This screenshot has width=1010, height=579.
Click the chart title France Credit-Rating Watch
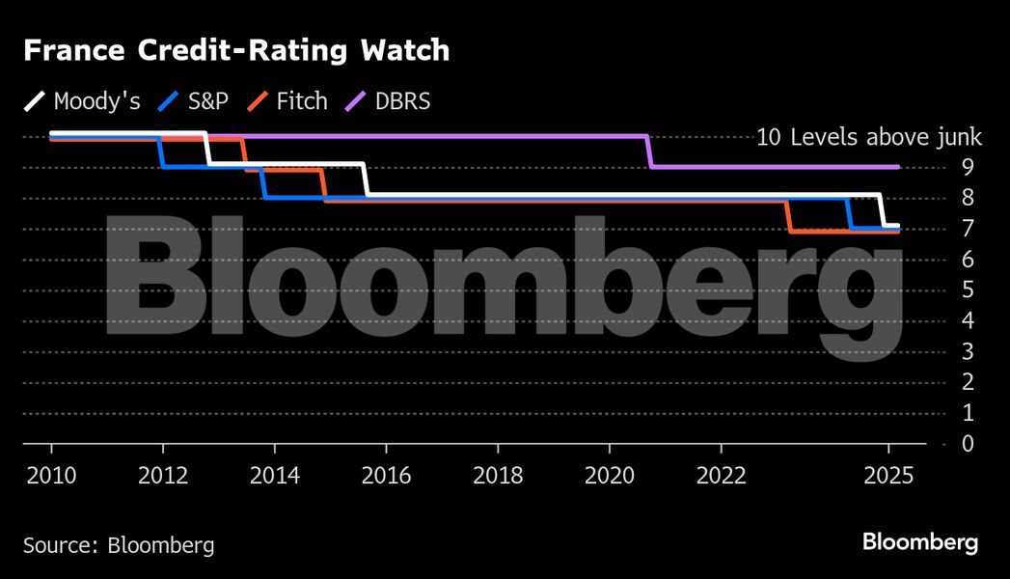(236, 51)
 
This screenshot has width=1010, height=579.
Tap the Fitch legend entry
(287, 100)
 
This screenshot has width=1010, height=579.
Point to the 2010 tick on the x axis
(51, 475)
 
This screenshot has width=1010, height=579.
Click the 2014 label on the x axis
(274, 475)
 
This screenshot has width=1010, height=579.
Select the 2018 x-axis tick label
(497, 475)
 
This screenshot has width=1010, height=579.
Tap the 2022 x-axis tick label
(721, 475)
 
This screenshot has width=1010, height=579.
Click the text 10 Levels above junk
(868, 137)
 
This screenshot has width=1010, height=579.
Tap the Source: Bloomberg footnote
(119, 545)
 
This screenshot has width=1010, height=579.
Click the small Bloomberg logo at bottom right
(920, 542)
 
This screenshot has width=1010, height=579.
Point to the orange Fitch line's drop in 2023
(789, 217)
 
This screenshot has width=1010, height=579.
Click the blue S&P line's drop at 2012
(162, 152)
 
